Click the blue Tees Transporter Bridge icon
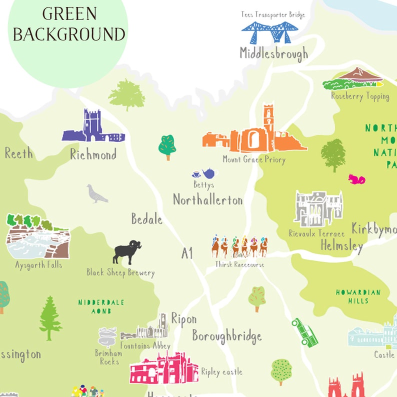(273, 32)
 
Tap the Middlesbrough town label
(273, 53)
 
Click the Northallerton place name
(207, 200)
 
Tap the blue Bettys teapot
(209, 173)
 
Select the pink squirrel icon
(357, 179)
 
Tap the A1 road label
(187, 253)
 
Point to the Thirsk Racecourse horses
(239, 246)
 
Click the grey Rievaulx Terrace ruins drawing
(318, 208)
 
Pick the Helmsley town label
(341, 246)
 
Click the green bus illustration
(305, 332)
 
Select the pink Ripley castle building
(163, 368)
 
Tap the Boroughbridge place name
(227, 336)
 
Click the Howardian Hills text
(358, 296)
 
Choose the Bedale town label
(146, 219)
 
